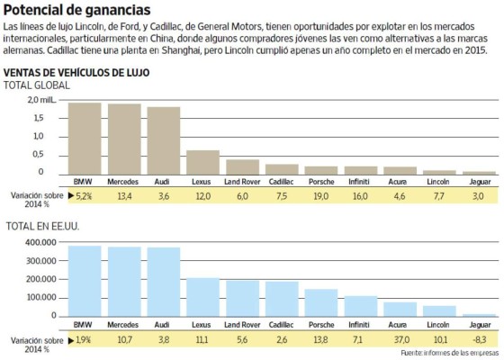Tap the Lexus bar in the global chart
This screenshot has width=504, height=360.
[202, 162]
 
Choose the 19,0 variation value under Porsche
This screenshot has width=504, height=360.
[321, 195]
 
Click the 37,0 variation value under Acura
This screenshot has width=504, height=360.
[400, 339]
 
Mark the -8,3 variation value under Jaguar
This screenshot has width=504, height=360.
[479, 339]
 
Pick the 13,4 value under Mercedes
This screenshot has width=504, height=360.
[124, 195]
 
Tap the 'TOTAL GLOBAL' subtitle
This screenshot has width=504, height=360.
[38, 84]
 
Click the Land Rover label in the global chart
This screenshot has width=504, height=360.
[242, 182]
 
